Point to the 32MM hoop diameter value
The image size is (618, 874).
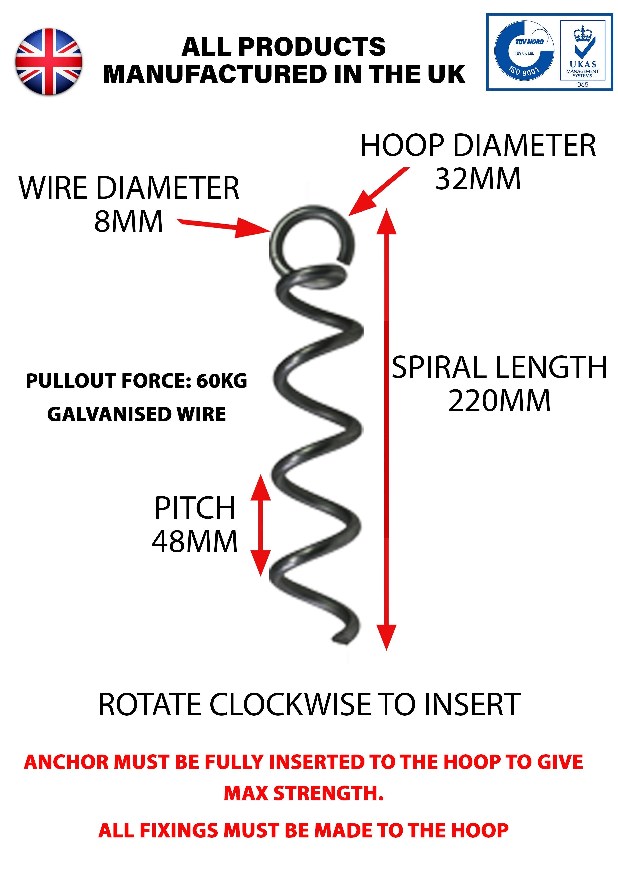coord(478,179)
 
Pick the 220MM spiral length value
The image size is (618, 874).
coord(499,401)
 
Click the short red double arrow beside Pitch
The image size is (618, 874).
coord(261,525)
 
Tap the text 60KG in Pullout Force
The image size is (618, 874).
coord(221,381)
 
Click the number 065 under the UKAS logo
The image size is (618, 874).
coord(583,84)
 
